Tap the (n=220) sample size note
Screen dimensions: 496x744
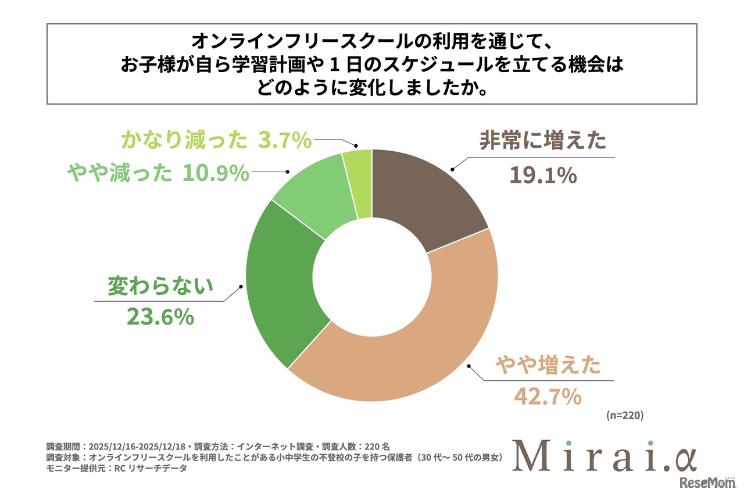pyautogui.click(x=624, y=416)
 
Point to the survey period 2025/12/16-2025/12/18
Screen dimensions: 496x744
pyautogui.click(x=135, y=447)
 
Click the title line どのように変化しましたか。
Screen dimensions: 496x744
pyautogui.click(x=371, y=88)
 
